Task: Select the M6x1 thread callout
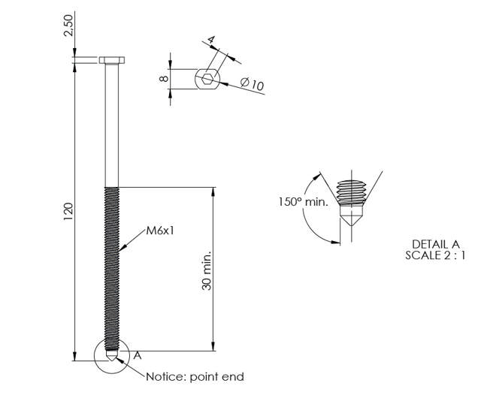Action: click(x=160, y=231)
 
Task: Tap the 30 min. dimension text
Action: click(x=207, y=270)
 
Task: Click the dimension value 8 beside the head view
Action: click(x=164, y=78)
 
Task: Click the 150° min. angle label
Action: click(x=303, y=201)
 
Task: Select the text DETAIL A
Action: click(x=435, y=244)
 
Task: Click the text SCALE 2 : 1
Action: click(x=435, y=255)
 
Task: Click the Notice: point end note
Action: click(x=195, y=376)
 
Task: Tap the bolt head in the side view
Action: click(x=111, y=59)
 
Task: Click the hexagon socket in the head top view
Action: click(x=207, y=78)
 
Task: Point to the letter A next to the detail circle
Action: click(x=138, y=356)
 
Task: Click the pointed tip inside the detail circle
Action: click(x=111, y=356)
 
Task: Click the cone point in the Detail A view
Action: click(x=349, y=222)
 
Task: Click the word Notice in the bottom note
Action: click(x=162, y=376)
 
